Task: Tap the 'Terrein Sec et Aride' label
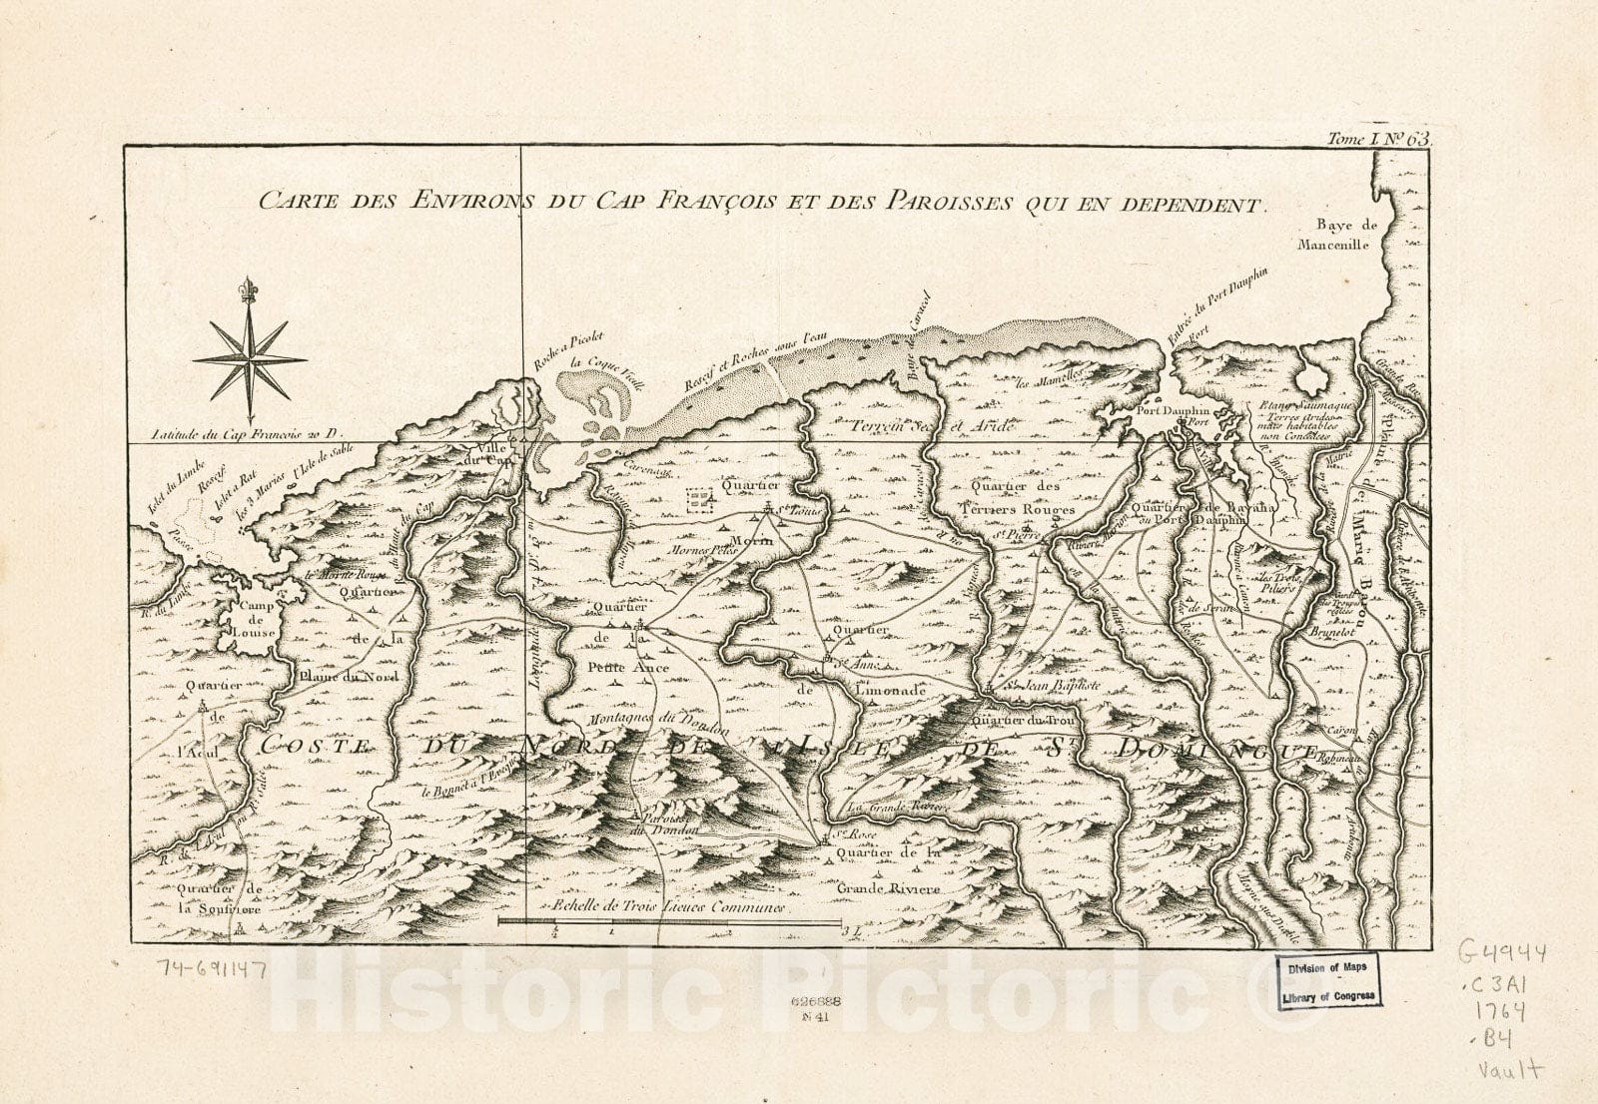point(932,426)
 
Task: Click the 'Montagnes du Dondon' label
point(646,721)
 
